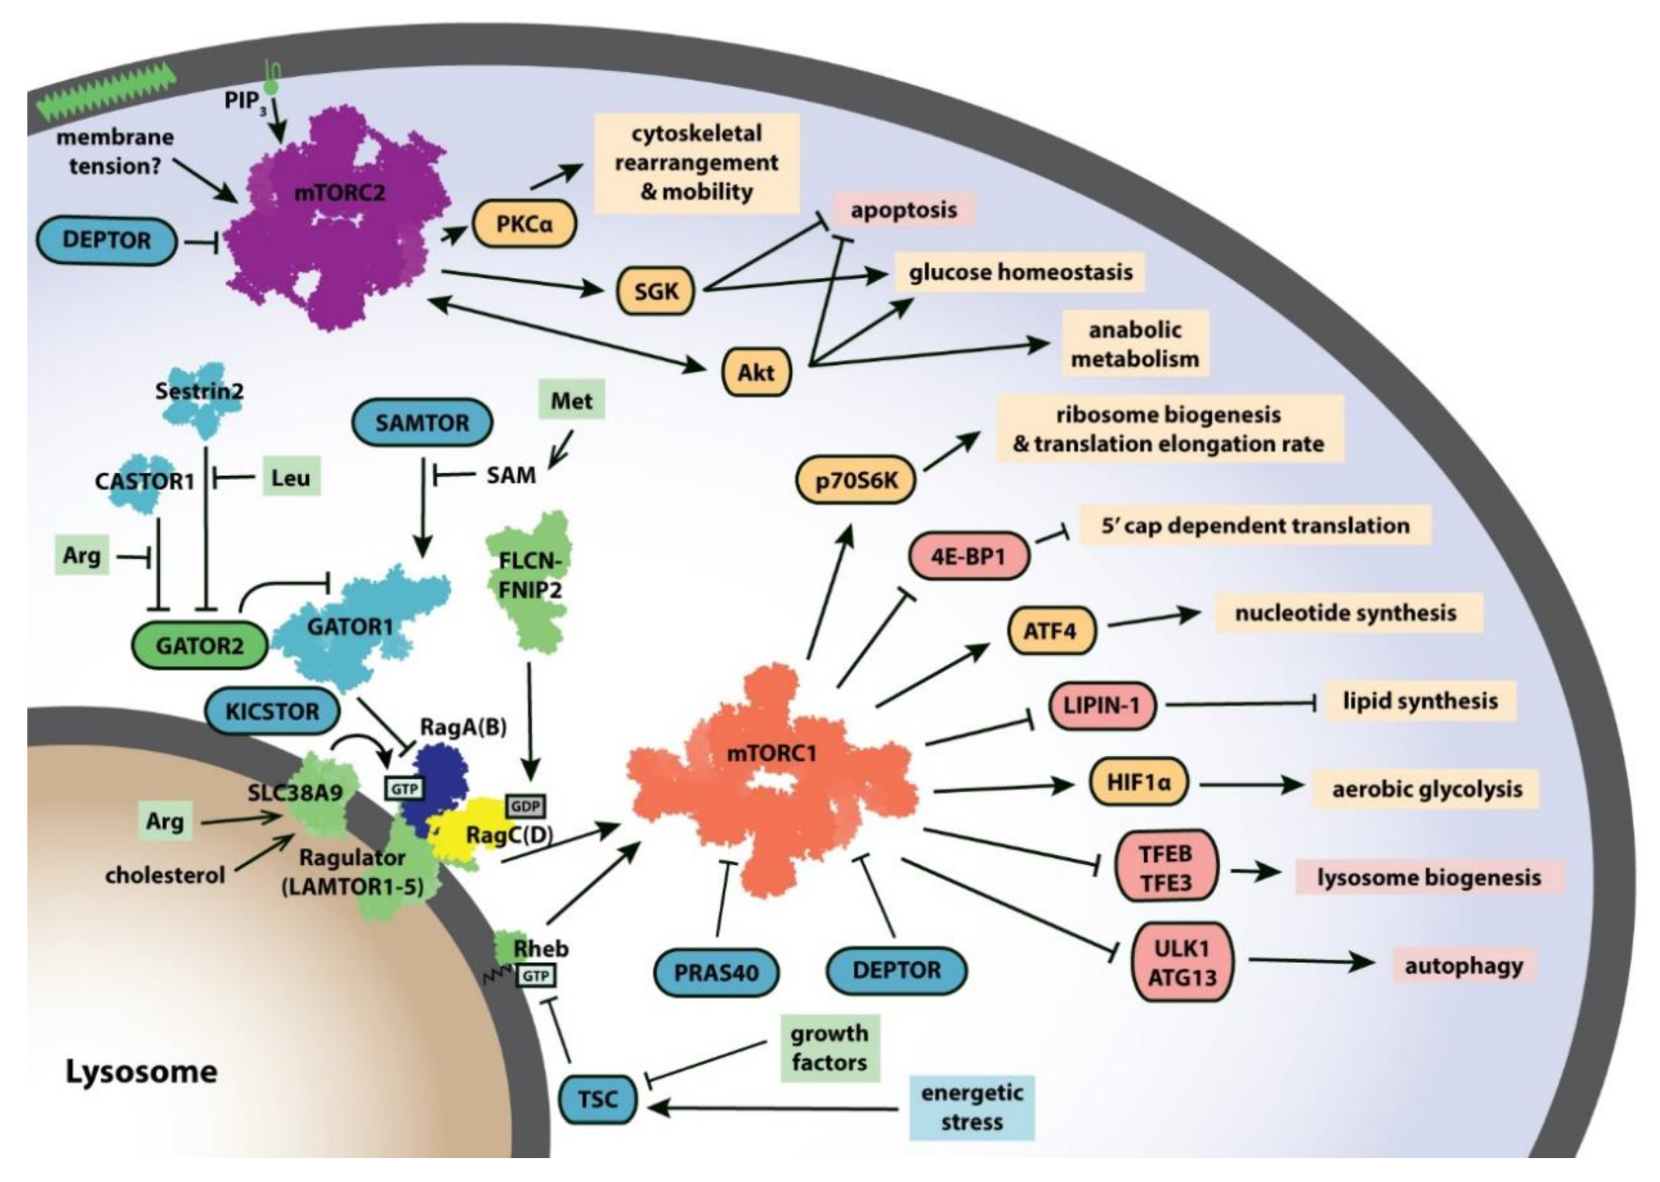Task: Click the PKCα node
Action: [x=524, y=224]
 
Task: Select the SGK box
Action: [x=656, y=291]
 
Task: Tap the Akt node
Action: [x=756, y=373]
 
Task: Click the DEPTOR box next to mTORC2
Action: [x=107, y=240]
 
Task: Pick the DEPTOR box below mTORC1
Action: [x=896, y=970]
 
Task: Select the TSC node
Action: [x=598, y=1099]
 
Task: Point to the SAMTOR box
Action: [x=422, y=422]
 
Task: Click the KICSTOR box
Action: [x=272, y=711]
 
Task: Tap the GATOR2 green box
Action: [x=200, y=645]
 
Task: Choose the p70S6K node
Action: [x=856, y=480]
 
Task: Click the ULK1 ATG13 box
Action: [x=1182, y=962]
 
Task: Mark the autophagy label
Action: [x=1463, y=966]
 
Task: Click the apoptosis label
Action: [x=903, y=210]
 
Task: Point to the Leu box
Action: [x=290, y=477]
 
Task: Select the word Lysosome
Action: [x=141, y=1071]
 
